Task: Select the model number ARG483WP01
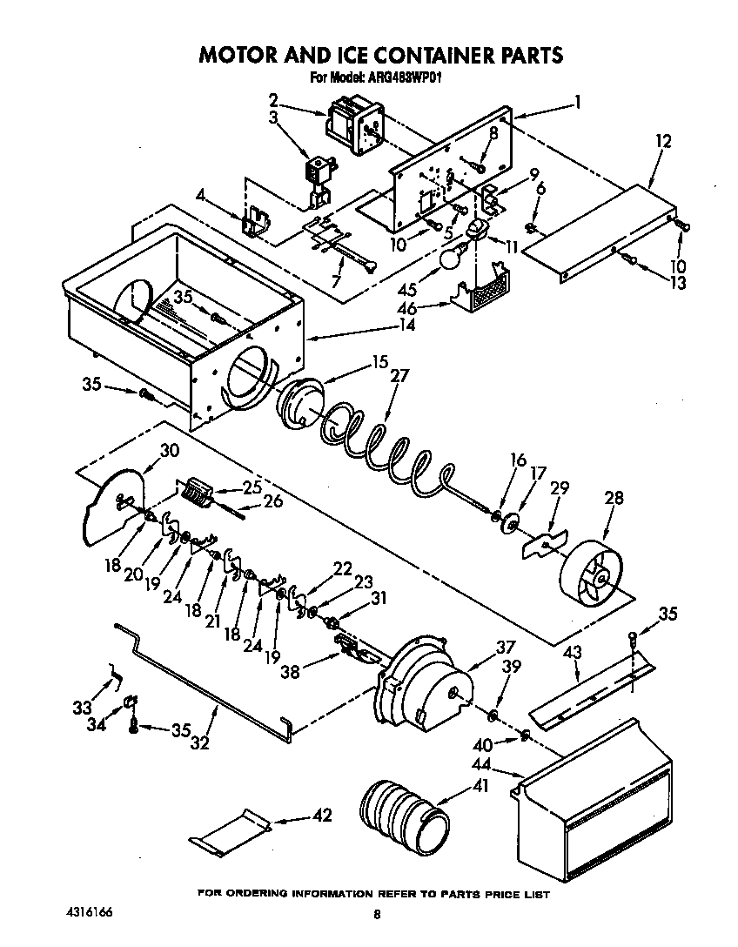pos(410,77)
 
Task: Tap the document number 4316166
pos(88,912)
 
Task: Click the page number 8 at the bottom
pos(377,914)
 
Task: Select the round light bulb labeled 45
pos(450,258)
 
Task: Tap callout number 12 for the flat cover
pos(664,141)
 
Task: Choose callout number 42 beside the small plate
pos(322,816)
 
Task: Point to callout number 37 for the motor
pos(506,647)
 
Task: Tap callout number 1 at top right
pos(577,102)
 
